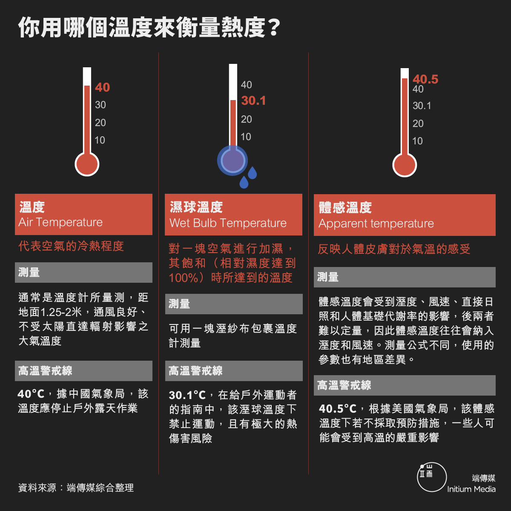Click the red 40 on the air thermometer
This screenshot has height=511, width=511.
102,87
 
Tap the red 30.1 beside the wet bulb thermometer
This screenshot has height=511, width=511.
253,101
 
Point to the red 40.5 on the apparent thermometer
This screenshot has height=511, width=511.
425,79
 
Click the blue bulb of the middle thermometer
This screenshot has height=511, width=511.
233,161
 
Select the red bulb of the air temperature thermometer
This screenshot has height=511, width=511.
87,164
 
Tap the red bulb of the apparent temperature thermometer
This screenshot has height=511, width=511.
405,165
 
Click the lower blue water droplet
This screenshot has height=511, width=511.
244,182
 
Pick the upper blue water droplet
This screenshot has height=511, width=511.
252,172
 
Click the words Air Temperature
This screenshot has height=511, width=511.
60,222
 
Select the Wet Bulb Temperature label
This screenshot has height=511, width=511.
228,223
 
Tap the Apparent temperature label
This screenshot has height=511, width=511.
376,224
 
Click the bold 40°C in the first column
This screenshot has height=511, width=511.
31,394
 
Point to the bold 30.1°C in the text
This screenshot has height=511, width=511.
187,395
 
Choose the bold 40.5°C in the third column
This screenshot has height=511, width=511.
338,409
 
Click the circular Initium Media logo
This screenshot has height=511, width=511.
432,477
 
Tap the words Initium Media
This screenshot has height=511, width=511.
471,489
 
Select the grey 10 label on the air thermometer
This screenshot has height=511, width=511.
100,140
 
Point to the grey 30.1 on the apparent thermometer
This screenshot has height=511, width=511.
422,106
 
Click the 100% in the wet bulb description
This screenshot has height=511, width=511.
184,278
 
